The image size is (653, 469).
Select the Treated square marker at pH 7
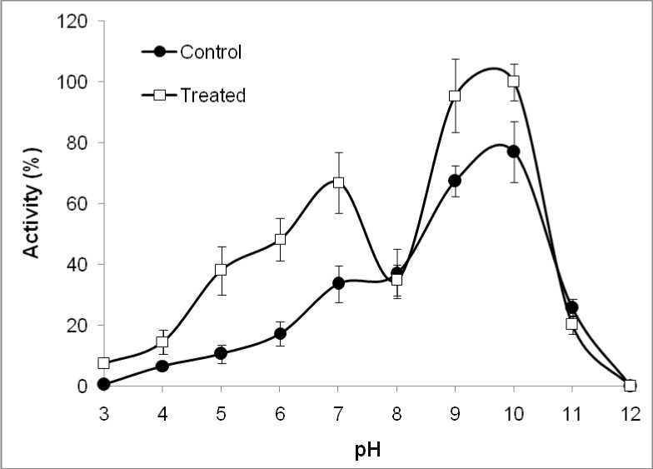pos(338,182)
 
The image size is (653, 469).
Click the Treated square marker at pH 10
pos(513,81)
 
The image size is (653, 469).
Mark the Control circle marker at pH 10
pos(513,151)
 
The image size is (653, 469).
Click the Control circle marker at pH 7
pos(338,283)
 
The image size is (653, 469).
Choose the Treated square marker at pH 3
pos(104,363)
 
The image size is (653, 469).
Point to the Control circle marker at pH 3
pos(104,384)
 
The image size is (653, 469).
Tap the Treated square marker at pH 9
pos(455,96)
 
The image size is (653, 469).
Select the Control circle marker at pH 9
pos(455,181)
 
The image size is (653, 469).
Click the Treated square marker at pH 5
pos(221,270)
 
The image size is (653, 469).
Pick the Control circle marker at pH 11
pos(571,307)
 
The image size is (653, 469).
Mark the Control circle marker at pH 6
pos(280,334)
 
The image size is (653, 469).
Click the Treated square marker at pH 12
pos(630,386)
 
